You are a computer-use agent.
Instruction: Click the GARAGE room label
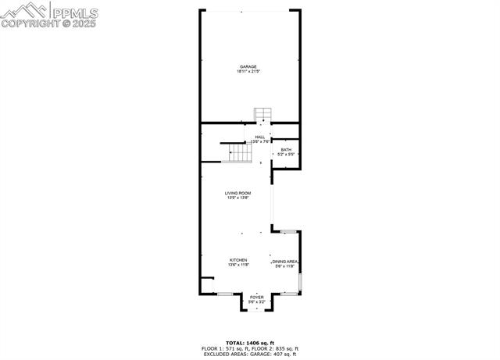point(248,67)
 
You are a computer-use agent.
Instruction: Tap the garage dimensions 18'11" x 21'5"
point(248,72)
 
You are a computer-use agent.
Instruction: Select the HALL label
point(259,137)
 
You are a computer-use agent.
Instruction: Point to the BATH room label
point(286,150)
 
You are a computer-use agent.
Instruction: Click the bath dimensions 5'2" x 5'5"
point(286,155)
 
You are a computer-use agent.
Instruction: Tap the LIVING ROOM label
point(237,193)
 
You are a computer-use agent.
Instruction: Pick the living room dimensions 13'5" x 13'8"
point(237,198)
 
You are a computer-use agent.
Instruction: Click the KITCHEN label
point(238,260)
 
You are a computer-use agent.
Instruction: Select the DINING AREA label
point(284,262)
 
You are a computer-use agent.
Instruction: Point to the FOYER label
point(256,297)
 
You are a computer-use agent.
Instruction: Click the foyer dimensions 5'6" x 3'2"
point(256,301)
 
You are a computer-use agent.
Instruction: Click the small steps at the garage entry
point(262,114)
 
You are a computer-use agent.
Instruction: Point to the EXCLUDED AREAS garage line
point(251,354)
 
